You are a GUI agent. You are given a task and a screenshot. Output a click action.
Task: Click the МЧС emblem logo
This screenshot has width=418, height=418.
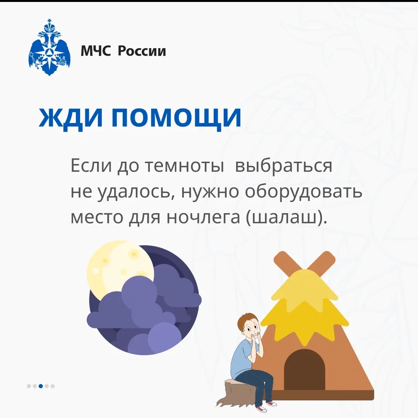point(50,48)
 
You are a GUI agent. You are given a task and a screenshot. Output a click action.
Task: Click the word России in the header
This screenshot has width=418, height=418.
point(142,51)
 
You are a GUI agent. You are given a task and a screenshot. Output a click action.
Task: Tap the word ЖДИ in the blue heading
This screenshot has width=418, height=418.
point(71,117)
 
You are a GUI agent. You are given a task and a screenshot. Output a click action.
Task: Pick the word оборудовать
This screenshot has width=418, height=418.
point(303,191)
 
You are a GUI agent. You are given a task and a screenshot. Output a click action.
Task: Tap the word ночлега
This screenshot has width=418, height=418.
point(203,218)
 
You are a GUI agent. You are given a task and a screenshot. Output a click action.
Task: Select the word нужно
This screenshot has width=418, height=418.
point(210,192)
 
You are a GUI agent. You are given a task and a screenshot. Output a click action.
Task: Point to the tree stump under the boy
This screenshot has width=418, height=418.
point(235,392)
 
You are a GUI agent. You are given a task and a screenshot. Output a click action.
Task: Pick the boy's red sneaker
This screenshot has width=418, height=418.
point(271,403)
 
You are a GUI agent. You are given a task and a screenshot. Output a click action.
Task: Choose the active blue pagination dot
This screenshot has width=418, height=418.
point(41,386)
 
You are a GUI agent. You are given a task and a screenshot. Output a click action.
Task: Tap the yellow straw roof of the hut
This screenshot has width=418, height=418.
point(305,307)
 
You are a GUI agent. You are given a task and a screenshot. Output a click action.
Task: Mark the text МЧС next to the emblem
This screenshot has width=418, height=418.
point(96,51)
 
